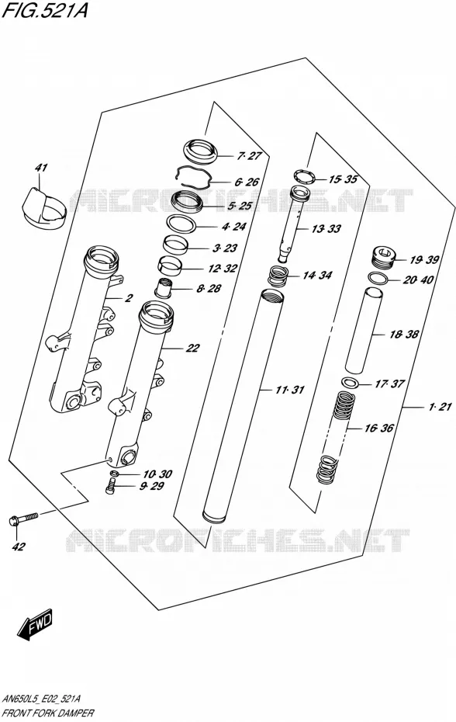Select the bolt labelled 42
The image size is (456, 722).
pos(22,519)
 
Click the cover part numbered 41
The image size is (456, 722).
pos(43,207)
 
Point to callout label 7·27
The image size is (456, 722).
pos(250,156)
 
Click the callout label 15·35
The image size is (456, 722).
pos(343,179)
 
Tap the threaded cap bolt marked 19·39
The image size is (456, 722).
pos(383,259)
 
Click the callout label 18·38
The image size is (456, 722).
pos(404,335)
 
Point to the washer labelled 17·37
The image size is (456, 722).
pos(351,382)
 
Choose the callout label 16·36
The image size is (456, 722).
pos(378,428)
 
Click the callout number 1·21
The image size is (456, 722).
pos(440,407)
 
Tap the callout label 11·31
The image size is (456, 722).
pos(290,390)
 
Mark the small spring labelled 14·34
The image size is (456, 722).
pos(278,276)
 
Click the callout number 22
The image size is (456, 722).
pos(192,348)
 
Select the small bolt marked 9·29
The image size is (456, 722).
pos(109,486)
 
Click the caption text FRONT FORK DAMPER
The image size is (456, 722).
pos(48,713)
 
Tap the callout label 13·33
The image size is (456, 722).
pos(326,228)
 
